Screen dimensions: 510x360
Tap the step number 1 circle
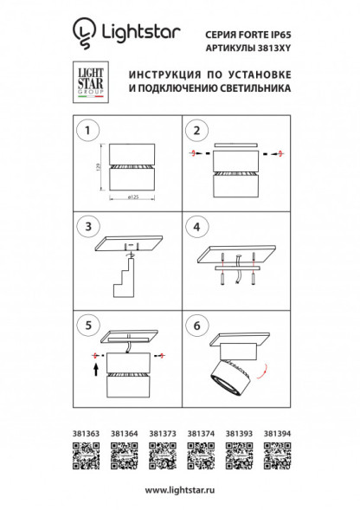[86, 132]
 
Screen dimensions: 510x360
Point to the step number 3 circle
[86, 227]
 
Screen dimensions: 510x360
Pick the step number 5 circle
[86, 324]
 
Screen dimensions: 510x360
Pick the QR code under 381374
[199, 452]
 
